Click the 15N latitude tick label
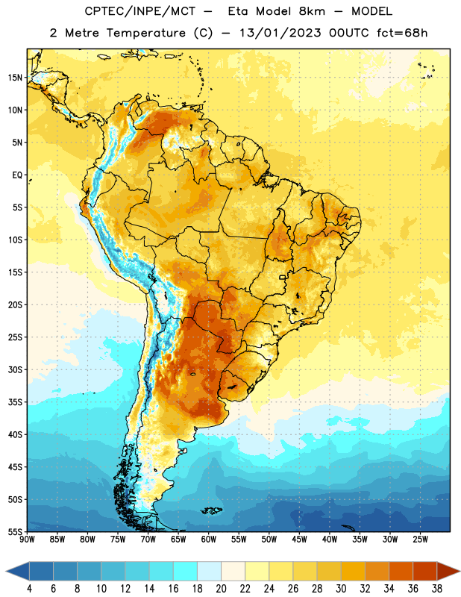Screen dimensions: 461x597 click(15, 78)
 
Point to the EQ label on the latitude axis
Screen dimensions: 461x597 click(17, 175)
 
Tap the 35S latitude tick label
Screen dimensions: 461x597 click(15, 402)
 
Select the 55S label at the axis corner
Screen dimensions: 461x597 click(15, 532)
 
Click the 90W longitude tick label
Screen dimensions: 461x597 click(27, 540)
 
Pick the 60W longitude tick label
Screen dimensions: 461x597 click(209, 540)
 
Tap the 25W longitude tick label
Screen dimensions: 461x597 click(420, 540)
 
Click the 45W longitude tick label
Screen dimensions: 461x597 click(299, 540)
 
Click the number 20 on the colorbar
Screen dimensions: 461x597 click(221, 589)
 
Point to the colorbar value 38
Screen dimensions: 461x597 click(437, 589)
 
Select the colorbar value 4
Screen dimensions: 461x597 click(29, 589)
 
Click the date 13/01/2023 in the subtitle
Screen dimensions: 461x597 click(280, 33)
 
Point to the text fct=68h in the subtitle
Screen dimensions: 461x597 click(402, 33)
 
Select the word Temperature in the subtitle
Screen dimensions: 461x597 click(145, 34)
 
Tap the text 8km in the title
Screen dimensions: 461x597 click(312, 11)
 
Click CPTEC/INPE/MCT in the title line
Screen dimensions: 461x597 click(139, 12)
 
